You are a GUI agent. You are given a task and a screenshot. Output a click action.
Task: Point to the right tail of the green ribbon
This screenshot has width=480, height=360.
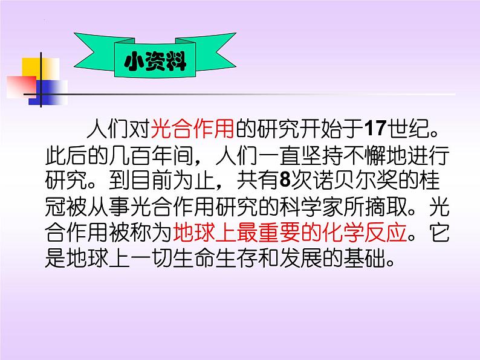(x=209, y=53)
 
